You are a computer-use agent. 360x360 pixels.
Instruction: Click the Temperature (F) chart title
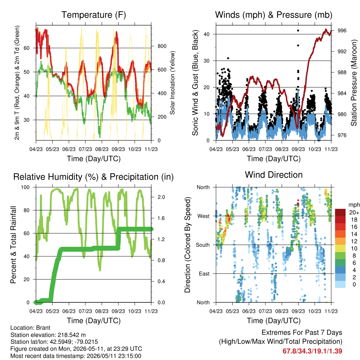pos(94,15)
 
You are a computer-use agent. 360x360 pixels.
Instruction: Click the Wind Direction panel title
pos(274,175)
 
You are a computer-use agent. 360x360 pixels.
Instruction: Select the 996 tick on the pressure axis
pos(342,31)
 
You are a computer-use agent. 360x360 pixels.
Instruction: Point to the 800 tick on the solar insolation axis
pos(162,46)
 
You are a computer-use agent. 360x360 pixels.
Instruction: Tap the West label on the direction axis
pos(204,216)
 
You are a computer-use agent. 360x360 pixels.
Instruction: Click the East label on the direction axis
pos(204,274)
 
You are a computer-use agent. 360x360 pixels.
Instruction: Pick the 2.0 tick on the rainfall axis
pos(161,197)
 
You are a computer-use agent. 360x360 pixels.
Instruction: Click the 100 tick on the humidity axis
pos(25,187)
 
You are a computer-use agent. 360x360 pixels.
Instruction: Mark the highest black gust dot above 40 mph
pos(298,31)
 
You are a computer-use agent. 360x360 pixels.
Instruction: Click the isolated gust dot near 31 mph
pos(228,58)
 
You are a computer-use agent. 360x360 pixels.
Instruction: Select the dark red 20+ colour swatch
pos(340,212)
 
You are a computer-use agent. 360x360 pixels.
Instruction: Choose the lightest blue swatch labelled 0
pos(340,284)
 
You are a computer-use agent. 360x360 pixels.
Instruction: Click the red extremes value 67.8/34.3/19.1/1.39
pos(312,351)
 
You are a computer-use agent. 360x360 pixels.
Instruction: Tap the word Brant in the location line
pos(43,328)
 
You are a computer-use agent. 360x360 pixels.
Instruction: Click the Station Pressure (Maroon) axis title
pos(354,83)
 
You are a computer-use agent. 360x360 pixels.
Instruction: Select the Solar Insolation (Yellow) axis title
pos(172,83)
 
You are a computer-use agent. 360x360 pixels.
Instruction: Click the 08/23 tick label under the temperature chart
pos(102,149)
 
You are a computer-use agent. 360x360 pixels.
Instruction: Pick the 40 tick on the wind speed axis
pos(207,34)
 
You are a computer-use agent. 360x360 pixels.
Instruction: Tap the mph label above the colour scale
pos(354,205)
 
